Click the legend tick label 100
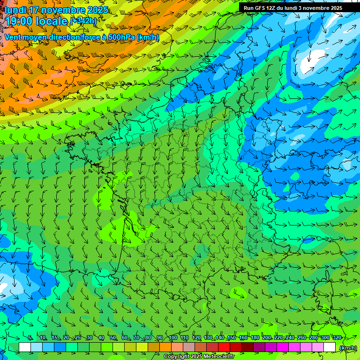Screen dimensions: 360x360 pos(172,337)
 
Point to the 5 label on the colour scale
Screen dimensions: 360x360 pos(30,337)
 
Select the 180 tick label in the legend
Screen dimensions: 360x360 pos(255,337)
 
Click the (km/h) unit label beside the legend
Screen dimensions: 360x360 pos(348,347)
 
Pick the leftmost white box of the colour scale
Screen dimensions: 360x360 pos(25,347)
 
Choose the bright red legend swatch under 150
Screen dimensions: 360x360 pos(224,347)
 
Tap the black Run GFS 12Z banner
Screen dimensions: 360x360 pos(292,8)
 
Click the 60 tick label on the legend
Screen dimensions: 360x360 pos(125,337)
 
